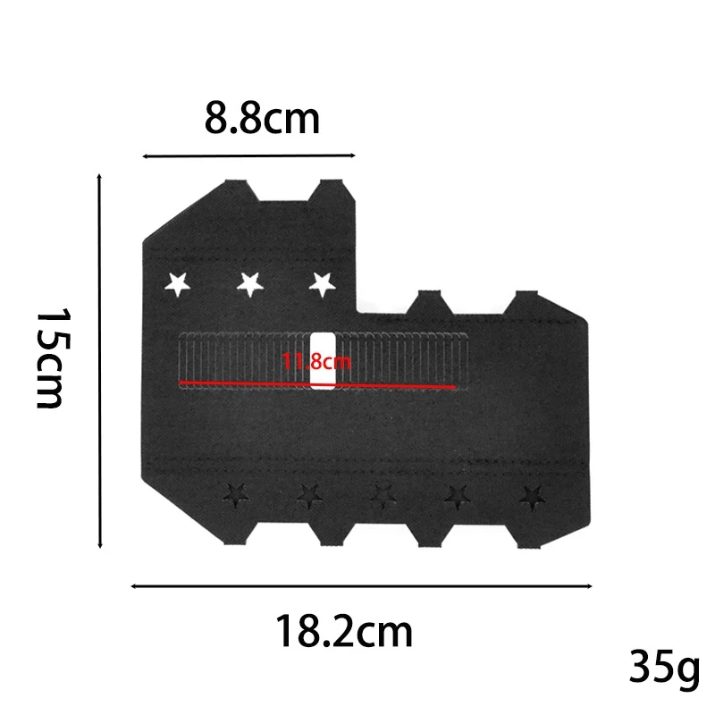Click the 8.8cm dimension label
point(262,119)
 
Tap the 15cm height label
point(50,358)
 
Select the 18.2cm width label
point(343,633)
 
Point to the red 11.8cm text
point(316,362)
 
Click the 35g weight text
point(664,666)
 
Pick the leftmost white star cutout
point(178,284)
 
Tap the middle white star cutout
point(250,284)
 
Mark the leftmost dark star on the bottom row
point(235,492)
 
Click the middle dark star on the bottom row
point(383,492)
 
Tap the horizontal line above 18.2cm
point(361,586)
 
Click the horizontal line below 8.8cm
point(249,156)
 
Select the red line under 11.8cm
point(318,385)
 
